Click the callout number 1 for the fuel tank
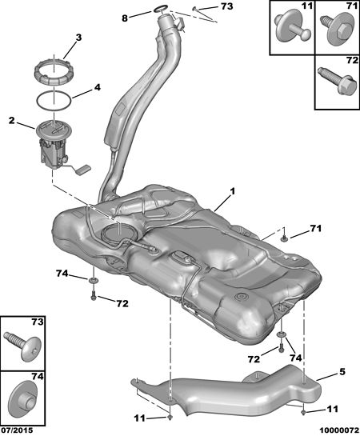(x=232, y=191)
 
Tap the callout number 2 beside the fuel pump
(x=11, y=121)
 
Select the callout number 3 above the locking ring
(x=78, y=38)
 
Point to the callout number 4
(x=97, y=87)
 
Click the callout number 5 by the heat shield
(x=342, y=371)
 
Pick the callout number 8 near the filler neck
(x=125, y=18)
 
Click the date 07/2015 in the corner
(x=17, y=430)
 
